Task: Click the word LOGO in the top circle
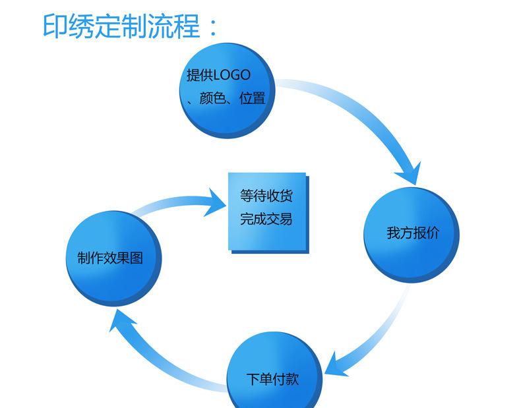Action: click(230, 76)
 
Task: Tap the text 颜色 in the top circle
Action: click(212, 99)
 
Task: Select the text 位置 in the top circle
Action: click(253, 99)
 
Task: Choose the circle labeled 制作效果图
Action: click(114, 258)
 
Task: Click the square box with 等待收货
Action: click(267, 211)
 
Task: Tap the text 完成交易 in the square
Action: click(266, 219)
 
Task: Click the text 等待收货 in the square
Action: click(266, 196)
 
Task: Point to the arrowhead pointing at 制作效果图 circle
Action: click(121, 322)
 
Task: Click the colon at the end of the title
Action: click(212, 28)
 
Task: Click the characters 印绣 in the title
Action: click(69, 26)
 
